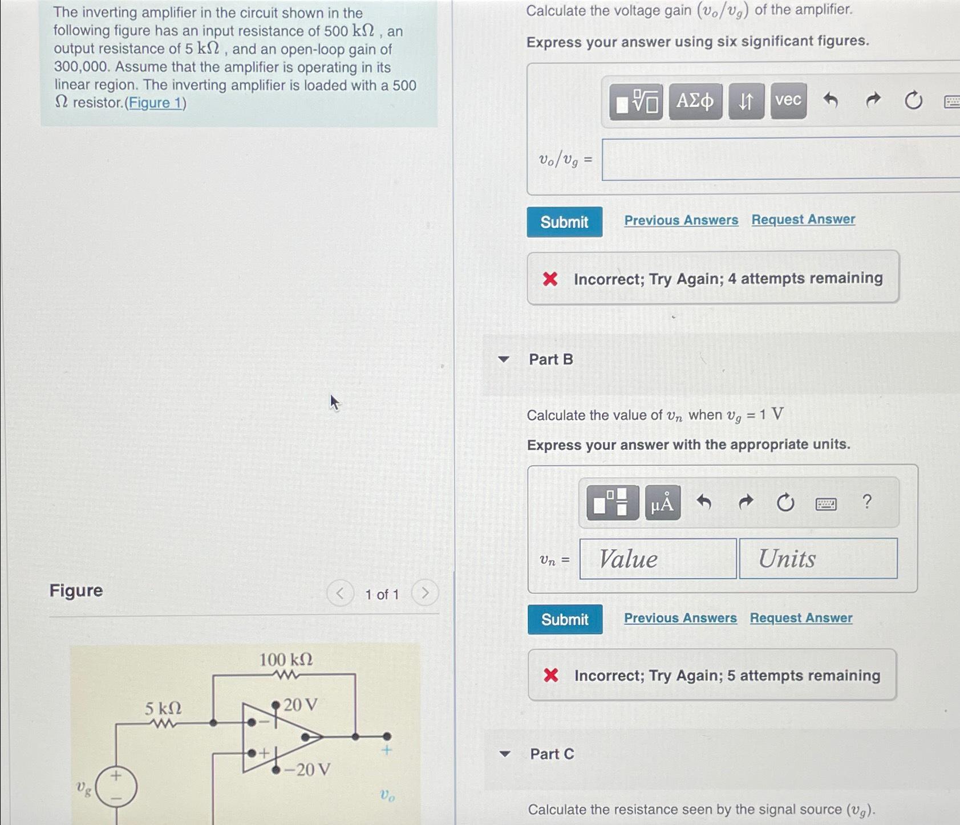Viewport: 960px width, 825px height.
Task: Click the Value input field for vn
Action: (x=658, y=559)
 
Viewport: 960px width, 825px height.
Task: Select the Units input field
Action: (x=818, y=559)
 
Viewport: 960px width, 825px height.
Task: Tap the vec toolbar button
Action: (x=788, y=101)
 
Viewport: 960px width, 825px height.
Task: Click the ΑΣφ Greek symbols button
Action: (x=695, y=101)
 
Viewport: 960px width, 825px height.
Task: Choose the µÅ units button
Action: (x=662, y=503)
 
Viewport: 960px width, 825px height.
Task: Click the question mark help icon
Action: (x=867, y=502)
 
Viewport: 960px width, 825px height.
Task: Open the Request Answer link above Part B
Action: (x=803, y=220)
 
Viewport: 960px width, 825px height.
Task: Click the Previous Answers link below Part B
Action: (x=680, y=618)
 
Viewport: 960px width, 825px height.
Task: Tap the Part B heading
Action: (x=550, y=359)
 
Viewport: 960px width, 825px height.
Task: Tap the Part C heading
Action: (x=552, y=754)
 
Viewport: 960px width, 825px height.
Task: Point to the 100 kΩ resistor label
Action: (x=286, y=660)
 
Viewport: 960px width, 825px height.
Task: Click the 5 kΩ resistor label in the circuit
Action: (x=163, y=709)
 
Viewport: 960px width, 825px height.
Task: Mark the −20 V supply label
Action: (x=307, y=770)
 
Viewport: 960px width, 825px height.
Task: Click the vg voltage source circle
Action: (x=116, y=787)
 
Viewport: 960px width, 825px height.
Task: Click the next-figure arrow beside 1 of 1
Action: (x=424, y=594)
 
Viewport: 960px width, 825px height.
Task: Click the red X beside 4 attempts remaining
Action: (x=550, y=279)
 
